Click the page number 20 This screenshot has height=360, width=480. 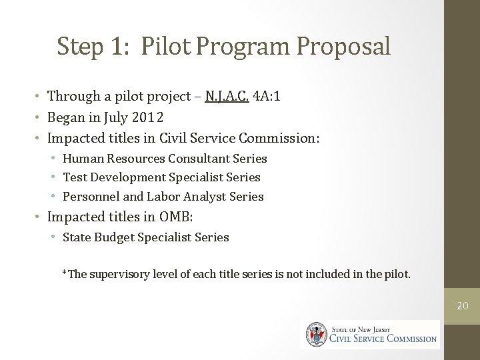[461, 305]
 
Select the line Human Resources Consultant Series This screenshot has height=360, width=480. [165, 159]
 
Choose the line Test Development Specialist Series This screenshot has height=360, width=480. [161, 177]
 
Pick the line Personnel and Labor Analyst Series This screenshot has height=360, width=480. [163, 197]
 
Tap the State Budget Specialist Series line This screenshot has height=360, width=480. [145, 237]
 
